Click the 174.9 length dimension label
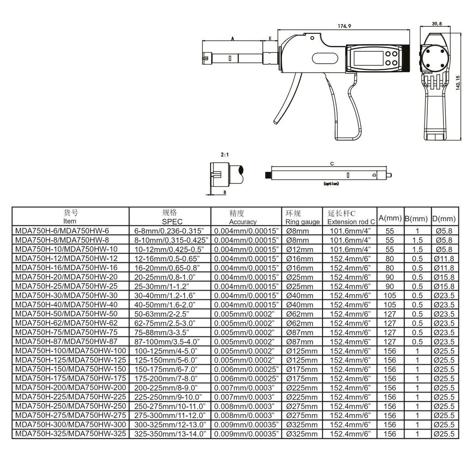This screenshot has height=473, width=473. click(x=344, y=26)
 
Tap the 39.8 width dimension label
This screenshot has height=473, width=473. click(x=437, y=24)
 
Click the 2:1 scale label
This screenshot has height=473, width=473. click(x=225, y=155)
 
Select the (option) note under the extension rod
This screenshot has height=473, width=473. click(x=331, y=183)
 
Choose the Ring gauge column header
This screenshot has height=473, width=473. click(x=303, y=218)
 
